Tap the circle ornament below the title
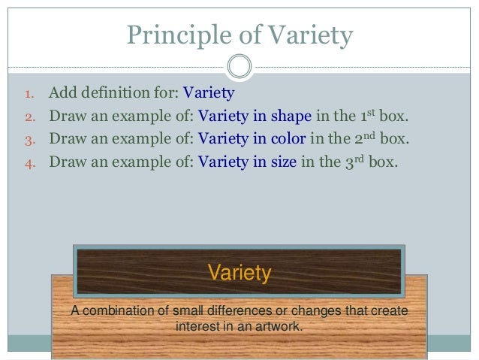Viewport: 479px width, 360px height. (239, 66)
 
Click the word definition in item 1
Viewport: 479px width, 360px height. (113, 95)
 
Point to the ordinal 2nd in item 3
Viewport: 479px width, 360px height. (365, 138)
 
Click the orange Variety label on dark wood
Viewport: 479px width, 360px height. (239, 272)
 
